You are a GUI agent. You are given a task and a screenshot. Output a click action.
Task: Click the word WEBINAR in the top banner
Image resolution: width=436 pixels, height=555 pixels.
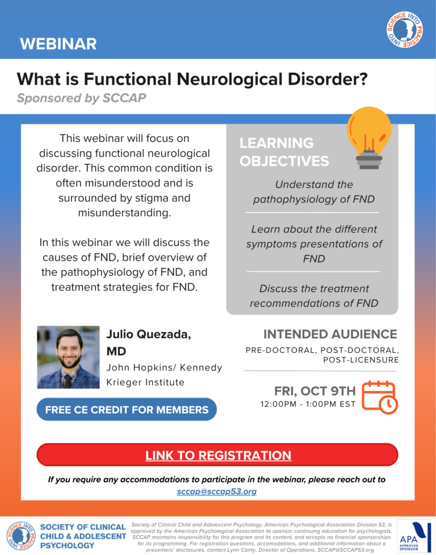point(58,44)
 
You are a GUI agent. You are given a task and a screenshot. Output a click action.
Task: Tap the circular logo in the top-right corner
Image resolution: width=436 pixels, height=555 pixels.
point(405,30)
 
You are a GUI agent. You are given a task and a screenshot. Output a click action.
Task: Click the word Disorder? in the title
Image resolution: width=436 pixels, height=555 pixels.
point(328,79)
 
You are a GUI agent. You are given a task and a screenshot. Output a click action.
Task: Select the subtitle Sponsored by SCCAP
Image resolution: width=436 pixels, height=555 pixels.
point(81,98)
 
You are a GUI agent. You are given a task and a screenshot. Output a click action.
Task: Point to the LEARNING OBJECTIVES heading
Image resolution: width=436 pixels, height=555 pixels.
point(284,152)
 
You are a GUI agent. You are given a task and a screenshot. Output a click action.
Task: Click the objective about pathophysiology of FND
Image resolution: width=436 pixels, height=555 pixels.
point(314,192)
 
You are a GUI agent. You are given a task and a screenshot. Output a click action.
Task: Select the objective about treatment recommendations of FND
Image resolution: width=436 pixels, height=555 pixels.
point(314,296)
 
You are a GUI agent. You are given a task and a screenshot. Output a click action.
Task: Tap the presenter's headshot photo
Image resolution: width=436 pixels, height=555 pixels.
point(68,357)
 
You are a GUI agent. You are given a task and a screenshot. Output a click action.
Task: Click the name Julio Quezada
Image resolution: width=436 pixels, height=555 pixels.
point(149,334)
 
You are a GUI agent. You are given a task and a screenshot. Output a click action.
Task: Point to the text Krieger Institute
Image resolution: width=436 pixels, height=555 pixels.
point(145,382)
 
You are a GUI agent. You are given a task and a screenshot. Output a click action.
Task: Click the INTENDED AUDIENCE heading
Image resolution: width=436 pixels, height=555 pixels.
point(330,334)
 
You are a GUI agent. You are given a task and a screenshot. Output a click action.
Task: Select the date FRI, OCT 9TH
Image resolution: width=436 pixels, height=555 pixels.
point(315,391)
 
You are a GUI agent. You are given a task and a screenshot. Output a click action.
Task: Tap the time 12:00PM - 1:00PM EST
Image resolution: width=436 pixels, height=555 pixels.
point(308,404)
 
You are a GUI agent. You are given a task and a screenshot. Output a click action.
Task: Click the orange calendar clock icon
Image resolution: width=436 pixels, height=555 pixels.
point(380,397)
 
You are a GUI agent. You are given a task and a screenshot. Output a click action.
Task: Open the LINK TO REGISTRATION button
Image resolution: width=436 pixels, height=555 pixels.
point(218,455)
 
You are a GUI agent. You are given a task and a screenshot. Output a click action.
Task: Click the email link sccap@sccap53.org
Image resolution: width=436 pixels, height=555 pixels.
point(217,492)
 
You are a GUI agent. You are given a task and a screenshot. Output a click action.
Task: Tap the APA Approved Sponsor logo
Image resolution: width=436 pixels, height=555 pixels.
point(414,536)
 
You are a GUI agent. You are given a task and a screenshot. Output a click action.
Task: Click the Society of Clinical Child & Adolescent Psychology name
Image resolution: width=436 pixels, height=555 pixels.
point(83,536)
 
